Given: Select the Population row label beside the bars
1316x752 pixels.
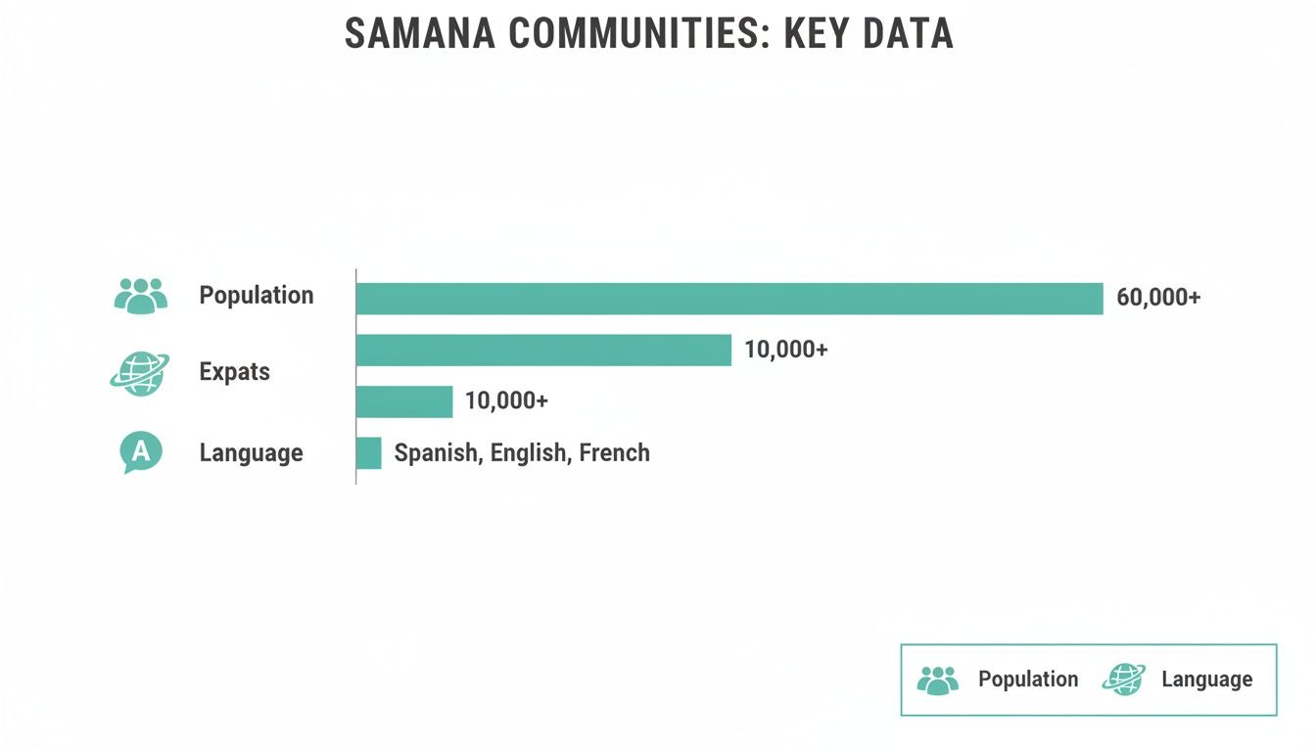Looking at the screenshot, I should [x=257, y=296].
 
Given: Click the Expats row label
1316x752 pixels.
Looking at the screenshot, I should [x=234, y=372].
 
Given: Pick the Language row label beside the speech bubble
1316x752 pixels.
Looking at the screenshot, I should [x=251, y=453].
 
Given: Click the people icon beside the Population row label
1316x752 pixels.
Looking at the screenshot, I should [x=141, y=296].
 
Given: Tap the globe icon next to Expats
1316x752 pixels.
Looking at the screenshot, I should [x=139, y=373].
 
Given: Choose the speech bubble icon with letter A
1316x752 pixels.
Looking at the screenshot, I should [x=140, y=452].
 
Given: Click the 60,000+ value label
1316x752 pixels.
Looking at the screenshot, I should [x=1158, y=298].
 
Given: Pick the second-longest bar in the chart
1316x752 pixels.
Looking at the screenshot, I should [x=543, y=350].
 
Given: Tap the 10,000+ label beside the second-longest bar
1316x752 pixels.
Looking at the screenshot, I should [x=786, y=350].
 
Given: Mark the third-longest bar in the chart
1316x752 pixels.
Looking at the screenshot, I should [x=404, y=401].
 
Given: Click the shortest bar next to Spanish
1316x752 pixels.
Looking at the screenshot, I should [x=368, y=453].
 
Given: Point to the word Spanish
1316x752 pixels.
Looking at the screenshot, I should [x=436, y=453].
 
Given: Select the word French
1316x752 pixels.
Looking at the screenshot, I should [x=614, y=453].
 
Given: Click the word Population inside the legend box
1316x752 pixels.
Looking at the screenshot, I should [x=1028, y=680].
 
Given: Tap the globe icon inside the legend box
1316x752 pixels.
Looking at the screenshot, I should [x=1123, y=680].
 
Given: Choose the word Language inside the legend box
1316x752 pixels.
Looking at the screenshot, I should [x=1206, y=680].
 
